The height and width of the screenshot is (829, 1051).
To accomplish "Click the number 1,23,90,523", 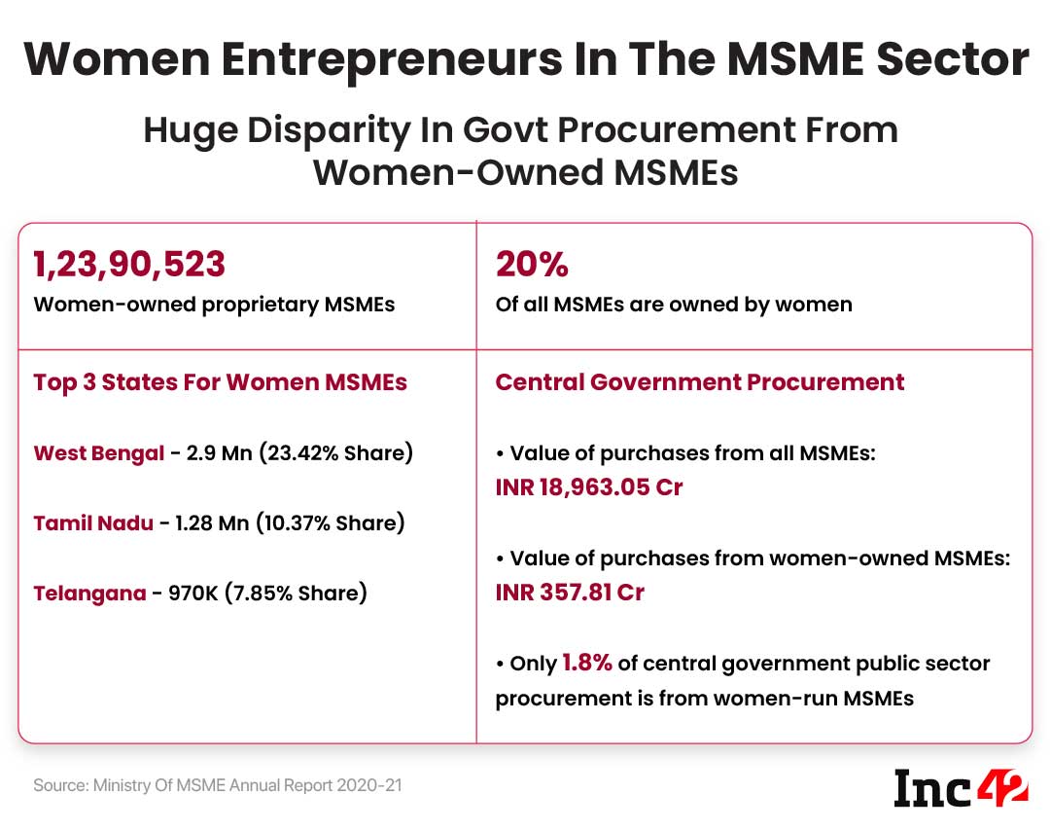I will point(129,264).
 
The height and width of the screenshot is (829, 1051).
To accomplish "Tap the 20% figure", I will point(532,264).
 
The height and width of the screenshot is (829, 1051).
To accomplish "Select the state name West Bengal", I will point(98,453).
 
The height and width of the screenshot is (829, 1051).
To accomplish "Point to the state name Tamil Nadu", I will point(93,523).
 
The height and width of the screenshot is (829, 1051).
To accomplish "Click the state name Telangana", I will point(89,593).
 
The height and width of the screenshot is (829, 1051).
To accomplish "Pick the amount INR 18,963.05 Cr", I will point(589,487).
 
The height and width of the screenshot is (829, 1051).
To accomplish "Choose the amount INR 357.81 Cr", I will point(570,592).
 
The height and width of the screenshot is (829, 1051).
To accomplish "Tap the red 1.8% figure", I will point(587,664).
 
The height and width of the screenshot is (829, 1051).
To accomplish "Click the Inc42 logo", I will point(961,786).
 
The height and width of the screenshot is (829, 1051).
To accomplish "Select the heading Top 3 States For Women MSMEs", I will point(220,382).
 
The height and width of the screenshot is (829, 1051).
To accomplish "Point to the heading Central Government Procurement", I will point(699,382).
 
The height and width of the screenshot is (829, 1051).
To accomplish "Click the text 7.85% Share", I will point(296,593).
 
